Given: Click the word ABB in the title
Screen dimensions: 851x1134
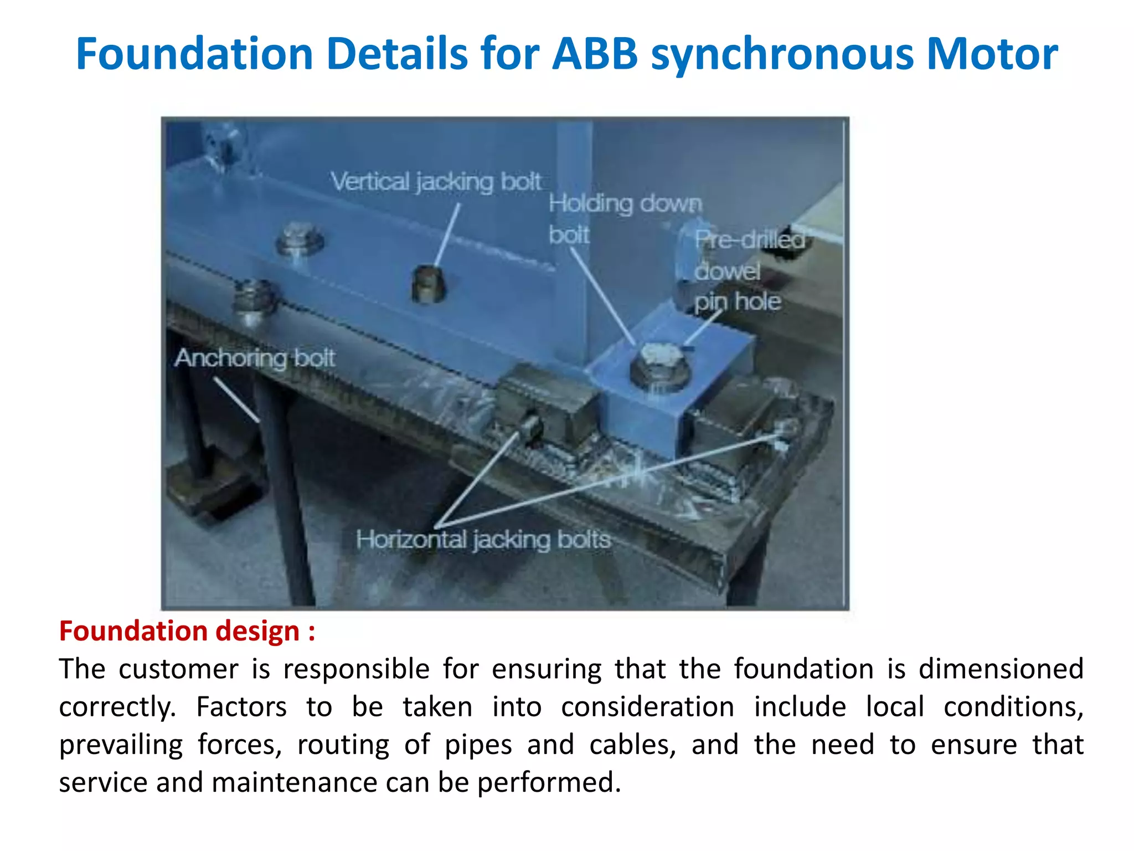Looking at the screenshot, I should coord(595,54).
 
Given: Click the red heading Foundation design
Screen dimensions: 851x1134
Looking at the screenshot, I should coord(187,631).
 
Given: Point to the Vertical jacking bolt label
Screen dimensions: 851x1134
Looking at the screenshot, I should coord(436,182).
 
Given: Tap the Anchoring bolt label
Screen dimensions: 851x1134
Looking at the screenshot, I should coord(255,358).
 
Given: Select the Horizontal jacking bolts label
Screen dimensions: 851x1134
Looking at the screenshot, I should coord(483,539).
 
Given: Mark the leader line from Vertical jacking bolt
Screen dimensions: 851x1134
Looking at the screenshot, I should coord(447,235).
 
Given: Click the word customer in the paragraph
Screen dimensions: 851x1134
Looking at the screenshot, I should coord(179,669).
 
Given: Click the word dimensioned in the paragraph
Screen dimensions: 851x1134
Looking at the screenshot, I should coord(1001,669).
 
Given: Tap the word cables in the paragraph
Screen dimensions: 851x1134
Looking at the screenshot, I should coord(632,745).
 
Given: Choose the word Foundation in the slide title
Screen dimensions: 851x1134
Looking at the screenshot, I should coord(194,54).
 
